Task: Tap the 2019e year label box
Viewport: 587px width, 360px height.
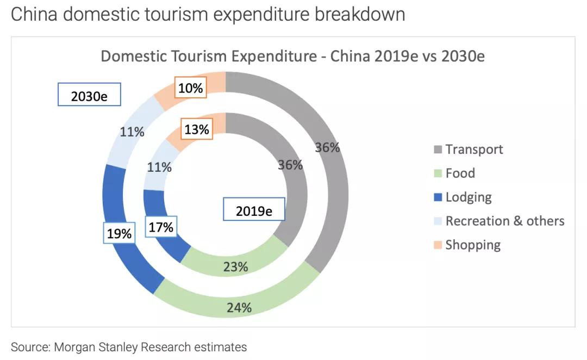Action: click(x=254, y=209)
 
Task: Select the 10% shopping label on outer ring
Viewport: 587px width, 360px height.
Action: click(x=190, y=88)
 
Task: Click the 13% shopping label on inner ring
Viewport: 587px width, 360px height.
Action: click(x=196, y=129)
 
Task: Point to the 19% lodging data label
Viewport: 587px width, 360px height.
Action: click(x=119, y=234)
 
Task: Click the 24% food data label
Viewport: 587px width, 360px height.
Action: click(x=239, y=307)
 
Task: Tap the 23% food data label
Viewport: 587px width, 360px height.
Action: click(x=236, y=266)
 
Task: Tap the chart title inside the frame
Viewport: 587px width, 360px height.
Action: click(x=292, y=57)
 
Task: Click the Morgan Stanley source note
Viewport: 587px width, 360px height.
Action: click(x=129, y=347)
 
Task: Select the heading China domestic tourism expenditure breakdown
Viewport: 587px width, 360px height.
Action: click(x=208, y=15)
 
